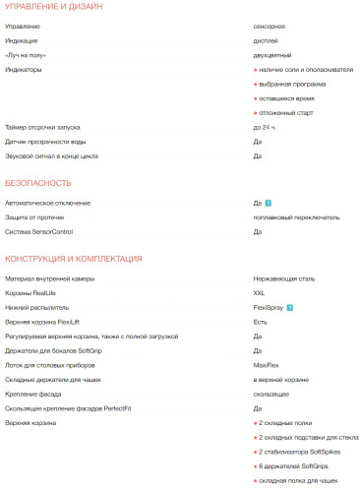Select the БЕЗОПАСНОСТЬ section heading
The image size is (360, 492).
[x=38, y=183]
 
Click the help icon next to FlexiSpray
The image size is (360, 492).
[x=290, y=307]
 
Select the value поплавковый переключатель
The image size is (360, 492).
[x=296, y=216]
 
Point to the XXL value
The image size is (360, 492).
[x=260, y=293]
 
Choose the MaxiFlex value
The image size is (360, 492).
[x=266, y=365]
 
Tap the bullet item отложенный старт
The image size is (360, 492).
[x=287, y=113]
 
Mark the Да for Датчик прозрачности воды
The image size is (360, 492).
[x=257, y=142]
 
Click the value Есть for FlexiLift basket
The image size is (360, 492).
[x=261, y=322]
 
